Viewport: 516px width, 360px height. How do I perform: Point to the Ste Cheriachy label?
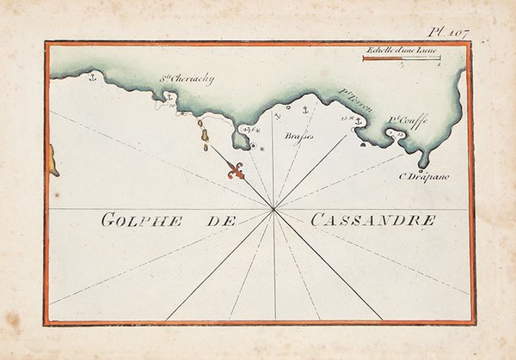tap(187, 80)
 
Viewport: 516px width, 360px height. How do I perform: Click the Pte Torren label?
tap(353, 106)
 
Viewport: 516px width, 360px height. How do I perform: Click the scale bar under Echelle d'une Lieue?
tap(402, 58)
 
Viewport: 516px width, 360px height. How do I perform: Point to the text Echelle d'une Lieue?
tap(401, 50)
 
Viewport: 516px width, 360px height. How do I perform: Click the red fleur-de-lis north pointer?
tap(236, 171)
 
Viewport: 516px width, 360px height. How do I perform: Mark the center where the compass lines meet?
tap(273, 209)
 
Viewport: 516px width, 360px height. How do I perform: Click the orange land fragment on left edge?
tap(52, 160)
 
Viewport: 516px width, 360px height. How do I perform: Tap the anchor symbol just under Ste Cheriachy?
tap(170, 99)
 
